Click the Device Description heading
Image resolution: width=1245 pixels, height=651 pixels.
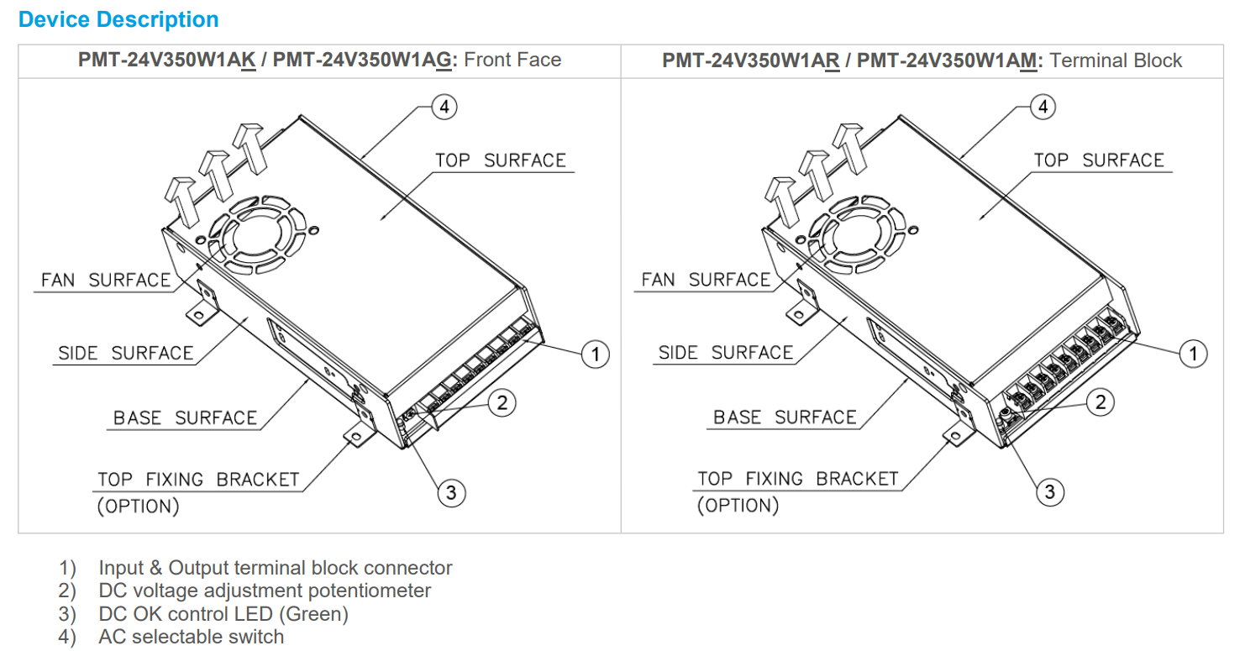[118, 19]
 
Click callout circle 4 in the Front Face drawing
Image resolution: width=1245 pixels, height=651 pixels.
[444, 107]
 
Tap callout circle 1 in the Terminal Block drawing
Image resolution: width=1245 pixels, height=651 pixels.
[1193, 354]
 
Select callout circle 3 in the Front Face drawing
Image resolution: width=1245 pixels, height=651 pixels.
[451, 491]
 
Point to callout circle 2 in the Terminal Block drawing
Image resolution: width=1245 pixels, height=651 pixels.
[1101, 402]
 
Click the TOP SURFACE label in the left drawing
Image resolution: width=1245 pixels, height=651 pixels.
[501, 160]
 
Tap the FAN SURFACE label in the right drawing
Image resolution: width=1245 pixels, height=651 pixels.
[706, 280]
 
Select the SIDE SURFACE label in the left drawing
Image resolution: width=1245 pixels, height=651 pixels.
[126, 354]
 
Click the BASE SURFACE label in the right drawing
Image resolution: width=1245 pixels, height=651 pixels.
[785, 417]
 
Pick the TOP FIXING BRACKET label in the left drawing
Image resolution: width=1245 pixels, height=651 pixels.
[198, 480]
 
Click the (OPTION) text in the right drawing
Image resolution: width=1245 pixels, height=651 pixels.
[738, 506]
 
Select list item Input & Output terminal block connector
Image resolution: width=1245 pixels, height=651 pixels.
[276, 568]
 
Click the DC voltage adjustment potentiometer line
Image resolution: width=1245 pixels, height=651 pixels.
[265, 591]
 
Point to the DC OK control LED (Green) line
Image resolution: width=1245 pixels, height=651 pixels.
[223, 614]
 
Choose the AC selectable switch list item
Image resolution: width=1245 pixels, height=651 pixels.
[191, 637]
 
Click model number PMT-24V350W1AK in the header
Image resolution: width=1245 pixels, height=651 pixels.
[166, 60]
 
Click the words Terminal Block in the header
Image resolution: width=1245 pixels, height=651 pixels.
[1116, 60]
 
